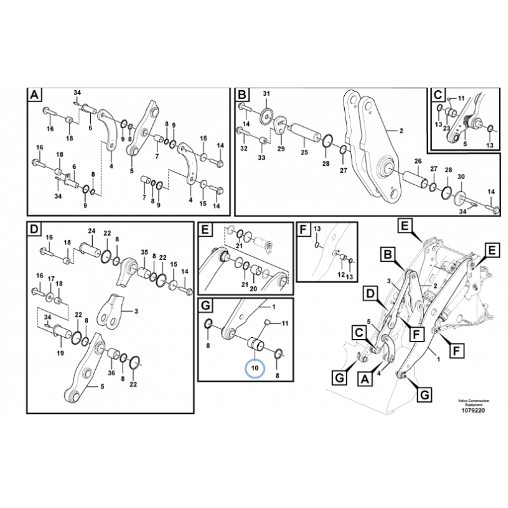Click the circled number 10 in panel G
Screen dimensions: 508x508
[254, 368]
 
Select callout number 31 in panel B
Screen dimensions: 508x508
[266, 95]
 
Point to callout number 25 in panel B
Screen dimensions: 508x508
[304, 153]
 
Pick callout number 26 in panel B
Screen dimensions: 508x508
[418, 161]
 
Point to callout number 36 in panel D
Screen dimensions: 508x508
[111, 373]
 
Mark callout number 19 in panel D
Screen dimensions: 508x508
[59, 352]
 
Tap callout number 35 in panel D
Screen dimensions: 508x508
[144, 252]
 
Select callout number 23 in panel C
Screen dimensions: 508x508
[447, 128]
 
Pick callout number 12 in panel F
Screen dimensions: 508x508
[340, 274]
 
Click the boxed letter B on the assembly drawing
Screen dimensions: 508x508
[385, 255]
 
